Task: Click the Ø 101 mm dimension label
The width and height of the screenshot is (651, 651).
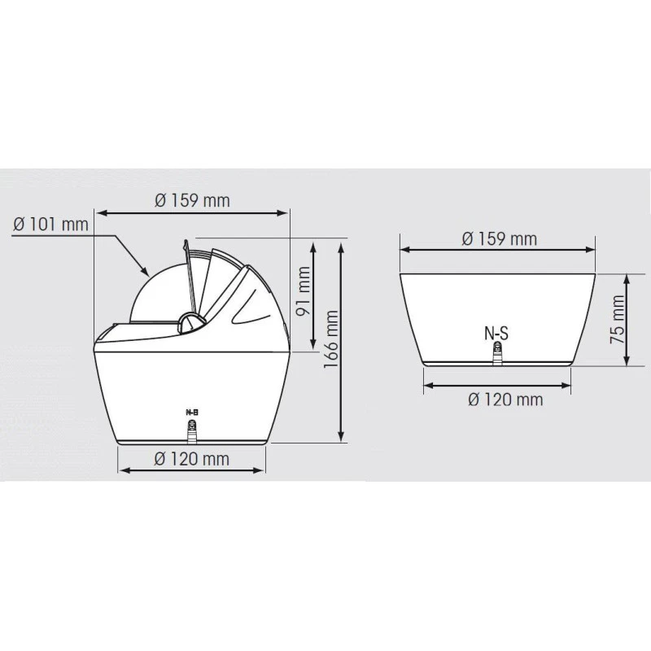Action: [x=51, y=223]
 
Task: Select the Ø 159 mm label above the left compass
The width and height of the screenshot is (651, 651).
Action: [x=192, y=200]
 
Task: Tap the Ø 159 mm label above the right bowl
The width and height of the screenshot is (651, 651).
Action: [x=499, y=238]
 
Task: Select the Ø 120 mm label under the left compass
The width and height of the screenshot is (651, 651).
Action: [x=192, y=459]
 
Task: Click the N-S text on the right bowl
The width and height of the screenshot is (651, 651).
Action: [x=498, y=332]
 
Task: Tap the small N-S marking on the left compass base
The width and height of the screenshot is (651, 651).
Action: [x=193, y=413]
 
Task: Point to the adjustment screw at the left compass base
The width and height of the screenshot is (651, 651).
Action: [x=193, y=429]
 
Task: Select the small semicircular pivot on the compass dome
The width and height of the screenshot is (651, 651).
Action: [x=190, y=321]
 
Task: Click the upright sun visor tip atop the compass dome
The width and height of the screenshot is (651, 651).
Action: [x=186, y=242]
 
